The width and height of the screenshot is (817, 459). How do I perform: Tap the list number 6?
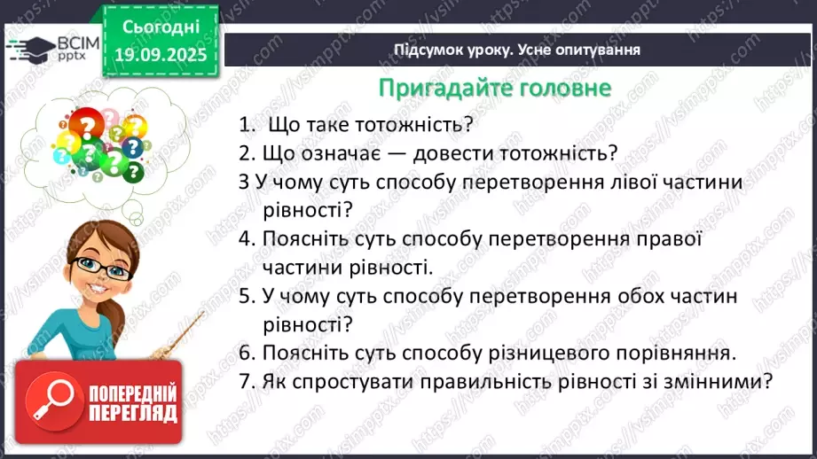tap(246, 354)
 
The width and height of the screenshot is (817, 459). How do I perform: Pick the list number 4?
tap(246, 238)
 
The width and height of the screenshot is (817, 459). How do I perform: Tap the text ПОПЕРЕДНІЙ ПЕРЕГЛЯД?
tap(130, 402)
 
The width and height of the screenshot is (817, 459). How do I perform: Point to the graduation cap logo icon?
tap(28, 46)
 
